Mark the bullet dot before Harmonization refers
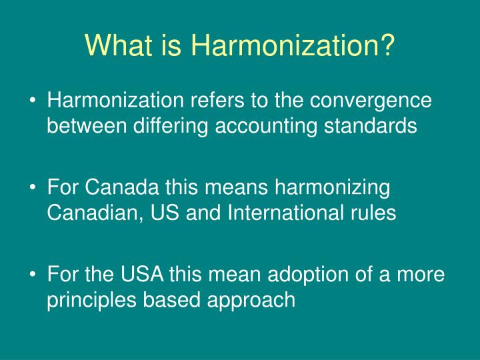[x=33, y=101]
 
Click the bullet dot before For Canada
[x=33, y=188]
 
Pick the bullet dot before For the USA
[x=33, y=275]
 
